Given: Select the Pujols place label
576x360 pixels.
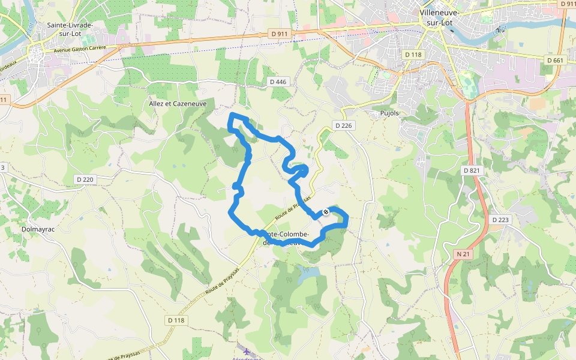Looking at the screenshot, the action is point(389,113).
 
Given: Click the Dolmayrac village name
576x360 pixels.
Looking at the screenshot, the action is point(38,229).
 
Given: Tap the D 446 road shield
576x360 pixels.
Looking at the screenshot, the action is point(278,82).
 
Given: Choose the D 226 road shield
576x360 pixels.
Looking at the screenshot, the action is point(343,125).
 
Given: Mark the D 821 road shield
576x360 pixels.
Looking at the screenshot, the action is point(472,170).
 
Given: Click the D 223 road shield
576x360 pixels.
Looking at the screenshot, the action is point(500,220).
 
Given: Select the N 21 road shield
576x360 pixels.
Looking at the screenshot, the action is point(463,254).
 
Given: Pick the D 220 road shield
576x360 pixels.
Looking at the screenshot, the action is point(85,179).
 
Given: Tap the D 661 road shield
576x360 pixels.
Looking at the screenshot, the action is point(556,60).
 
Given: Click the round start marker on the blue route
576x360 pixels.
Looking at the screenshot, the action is point(326,211).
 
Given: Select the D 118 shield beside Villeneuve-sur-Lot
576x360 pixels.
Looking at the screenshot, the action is point(414,55).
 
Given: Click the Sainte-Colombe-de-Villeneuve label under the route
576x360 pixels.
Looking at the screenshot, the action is point(285,238).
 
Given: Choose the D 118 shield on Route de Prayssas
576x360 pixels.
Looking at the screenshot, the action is point(176,320).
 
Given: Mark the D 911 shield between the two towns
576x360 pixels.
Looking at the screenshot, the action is point(280,34).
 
